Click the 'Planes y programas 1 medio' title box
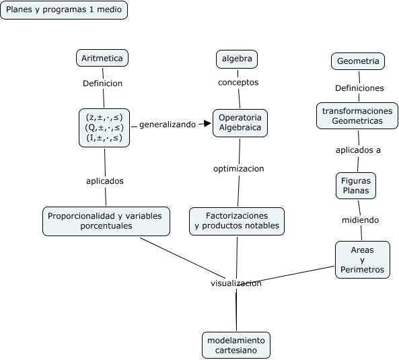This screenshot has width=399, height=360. [64, 10]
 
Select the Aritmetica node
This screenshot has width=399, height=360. [102, 58]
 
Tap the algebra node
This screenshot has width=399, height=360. [237, 59]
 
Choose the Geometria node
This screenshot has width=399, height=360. [358, 61]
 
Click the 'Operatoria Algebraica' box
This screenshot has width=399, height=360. [240, 123]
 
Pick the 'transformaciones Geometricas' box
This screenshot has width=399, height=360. [357, 116]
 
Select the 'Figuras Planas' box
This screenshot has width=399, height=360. [356, 186]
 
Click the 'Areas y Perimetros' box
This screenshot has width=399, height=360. [363, 260]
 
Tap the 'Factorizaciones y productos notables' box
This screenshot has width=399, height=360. [237, 221]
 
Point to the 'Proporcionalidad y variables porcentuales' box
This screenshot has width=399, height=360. [106, 221]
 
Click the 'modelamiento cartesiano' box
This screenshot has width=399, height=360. [236, 345]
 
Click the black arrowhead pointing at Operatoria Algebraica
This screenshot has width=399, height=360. [208, 123]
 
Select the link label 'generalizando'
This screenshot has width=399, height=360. [168, 124]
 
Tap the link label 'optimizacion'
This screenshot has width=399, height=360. [239, 168]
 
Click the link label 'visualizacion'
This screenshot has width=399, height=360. [236, 283]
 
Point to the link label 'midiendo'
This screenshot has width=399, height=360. [361, 220]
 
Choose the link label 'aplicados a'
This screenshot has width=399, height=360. [358, 150]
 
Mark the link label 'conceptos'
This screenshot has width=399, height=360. [238, 82]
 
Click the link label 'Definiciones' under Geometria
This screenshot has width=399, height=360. [359, 88]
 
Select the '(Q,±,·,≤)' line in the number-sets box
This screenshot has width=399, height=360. [104, 127]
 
